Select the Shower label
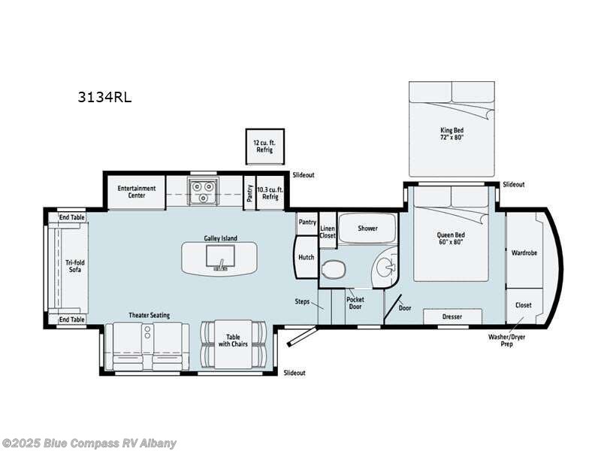tap(367, 229)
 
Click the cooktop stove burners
tap(201, 192)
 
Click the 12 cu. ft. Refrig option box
tap(264, 146)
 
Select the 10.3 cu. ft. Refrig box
tap(270, 192)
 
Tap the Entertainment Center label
tap(136, 192)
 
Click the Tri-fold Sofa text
tap(73, 266)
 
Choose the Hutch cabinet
tap(306, 257)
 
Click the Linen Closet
tap(328, 232)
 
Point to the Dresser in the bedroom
tap(452, 316)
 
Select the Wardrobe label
tap(524, 253)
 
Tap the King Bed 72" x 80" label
tap(452, 134)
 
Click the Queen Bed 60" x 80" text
tap(452, 238)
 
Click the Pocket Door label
tap(355, 303)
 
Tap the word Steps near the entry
tap(302, 301)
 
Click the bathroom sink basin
tap(385, 265)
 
